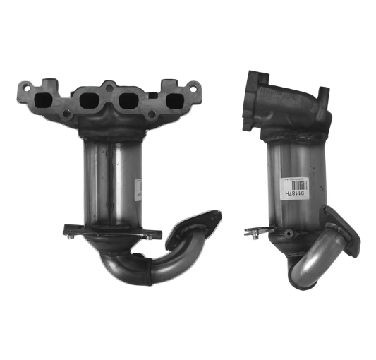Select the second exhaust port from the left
91,101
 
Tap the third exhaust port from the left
128,101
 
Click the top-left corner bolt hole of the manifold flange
25,89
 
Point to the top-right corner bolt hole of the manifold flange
191,88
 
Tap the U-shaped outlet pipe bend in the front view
141,261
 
